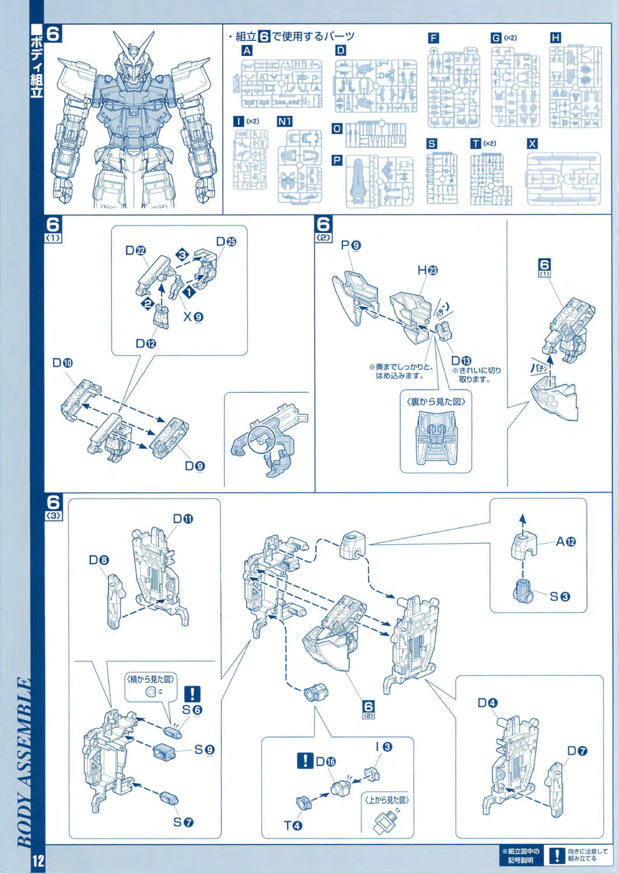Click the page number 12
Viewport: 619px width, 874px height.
[38, 861]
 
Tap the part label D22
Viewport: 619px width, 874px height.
[135, 251]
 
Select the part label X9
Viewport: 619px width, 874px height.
[193, 317]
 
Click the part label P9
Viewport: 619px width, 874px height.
[351, 245]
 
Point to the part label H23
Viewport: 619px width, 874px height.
[427, 270]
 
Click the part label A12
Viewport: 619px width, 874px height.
[565, 542]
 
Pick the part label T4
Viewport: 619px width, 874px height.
[293, 825]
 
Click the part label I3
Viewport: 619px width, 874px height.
[384, 746]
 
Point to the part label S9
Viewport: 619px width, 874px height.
[204, 749]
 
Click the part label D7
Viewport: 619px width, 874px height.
[577, 750]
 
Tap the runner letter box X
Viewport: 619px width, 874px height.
[532, 143]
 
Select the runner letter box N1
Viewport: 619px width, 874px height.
[284, 121]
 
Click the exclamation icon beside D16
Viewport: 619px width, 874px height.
[305, 760]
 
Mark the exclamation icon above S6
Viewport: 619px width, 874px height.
[192, 694]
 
